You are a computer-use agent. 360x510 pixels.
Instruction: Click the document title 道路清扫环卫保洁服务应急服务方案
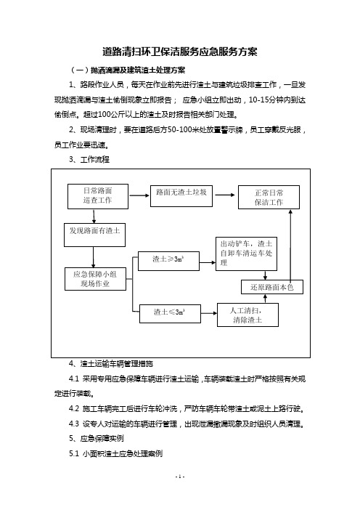[180, 52]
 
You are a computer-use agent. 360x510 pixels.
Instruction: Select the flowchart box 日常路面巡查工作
[98, 196]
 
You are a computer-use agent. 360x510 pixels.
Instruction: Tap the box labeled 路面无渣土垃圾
[181, 196]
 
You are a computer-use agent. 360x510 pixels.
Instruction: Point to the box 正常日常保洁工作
[269, 198]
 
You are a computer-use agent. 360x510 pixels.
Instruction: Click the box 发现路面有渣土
[94, 235]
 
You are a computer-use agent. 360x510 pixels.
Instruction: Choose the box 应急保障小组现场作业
[95, 279]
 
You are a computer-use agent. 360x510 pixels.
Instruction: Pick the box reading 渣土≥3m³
[168, 262]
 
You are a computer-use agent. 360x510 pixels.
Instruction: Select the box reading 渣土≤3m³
[170, 314]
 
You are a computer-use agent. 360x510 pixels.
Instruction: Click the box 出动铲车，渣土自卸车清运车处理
[246, 254]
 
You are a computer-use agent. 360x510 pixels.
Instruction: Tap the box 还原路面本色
[272, 287]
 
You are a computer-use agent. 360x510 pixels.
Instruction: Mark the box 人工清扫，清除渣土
[247, 315]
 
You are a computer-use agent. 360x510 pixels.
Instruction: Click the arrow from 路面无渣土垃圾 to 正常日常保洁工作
[225, 195]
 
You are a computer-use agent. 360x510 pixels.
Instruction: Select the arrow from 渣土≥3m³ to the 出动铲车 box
[208, 262]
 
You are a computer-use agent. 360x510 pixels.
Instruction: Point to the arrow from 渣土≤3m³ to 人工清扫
[209, 313]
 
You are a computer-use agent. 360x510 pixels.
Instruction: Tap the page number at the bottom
[180, 477]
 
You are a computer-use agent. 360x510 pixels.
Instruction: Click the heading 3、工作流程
[89, 160]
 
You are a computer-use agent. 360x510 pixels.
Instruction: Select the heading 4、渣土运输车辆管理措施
[111, 364]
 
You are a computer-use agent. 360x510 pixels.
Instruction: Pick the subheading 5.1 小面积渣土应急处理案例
[115, 453]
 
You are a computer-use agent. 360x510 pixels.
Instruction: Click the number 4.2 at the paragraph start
[74, 408]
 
